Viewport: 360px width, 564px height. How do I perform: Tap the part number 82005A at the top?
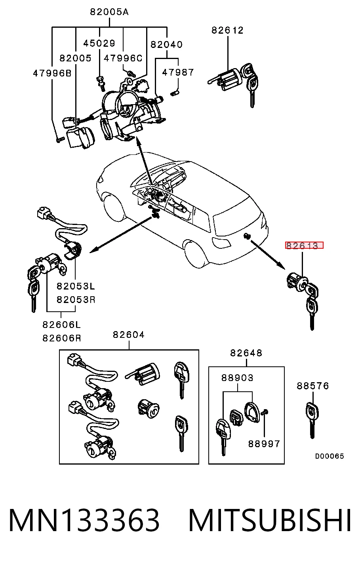coord(109,12)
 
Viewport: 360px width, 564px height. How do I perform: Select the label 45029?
coord(99,43)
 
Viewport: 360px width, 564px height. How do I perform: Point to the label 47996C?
coord(123,58)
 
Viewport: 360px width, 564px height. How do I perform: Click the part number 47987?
coord(178,72)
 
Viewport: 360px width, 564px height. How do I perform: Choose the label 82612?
coord(227,30)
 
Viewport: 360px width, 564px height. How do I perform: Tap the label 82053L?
coord(76,286)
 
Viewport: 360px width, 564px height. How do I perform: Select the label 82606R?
coord(62,338)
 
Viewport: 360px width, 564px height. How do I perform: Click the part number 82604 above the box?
coord(129,335)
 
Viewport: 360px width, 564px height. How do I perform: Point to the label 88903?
coord(237,378)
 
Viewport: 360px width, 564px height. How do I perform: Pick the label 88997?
coord(264,444)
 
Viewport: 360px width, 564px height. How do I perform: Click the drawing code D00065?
coord(330,456)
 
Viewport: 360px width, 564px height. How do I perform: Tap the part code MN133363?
coord(84,520)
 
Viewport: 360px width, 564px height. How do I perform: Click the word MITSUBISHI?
coord(270,520)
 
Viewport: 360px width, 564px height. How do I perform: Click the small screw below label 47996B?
coord(60,139)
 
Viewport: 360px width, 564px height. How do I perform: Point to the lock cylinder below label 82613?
coord(297,282)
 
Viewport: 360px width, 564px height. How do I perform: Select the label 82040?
coord(166,45)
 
